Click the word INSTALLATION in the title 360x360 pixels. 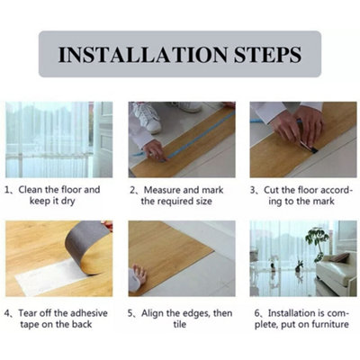tap(143, 54)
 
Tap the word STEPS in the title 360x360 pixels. tap(267, 54)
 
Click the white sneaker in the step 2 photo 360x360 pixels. tap(146, 117)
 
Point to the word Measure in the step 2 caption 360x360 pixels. tap(162, 190)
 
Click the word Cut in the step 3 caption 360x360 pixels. tap(272, 190)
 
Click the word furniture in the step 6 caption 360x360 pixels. tap(330, 324)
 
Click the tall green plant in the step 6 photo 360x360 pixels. tap(317, 241)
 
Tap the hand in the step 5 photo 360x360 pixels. tap(139, 274)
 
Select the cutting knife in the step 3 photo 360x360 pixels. tap(309, 148)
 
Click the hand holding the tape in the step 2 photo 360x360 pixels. tap(155, 150)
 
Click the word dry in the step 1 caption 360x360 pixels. tap(67, 202)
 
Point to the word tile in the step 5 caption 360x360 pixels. tap(179, 324)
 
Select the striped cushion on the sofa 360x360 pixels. tap(340, 257)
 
